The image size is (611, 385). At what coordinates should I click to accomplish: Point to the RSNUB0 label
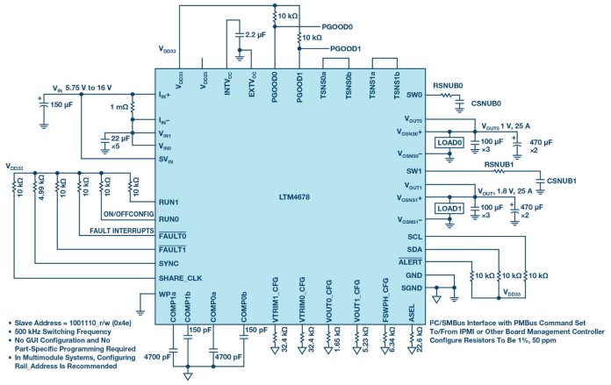point(448,85)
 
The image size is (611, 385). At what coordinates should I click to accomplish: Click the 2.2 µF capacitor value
point(255,34)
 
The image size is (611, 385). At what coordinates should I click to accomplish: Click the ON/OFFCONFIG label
point(129,214)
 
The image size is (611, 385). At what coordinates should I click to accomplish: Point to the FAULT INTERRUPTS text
point(123,231)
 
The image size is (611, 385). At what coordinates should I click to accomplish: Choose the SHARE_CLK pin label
point(182,277)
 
